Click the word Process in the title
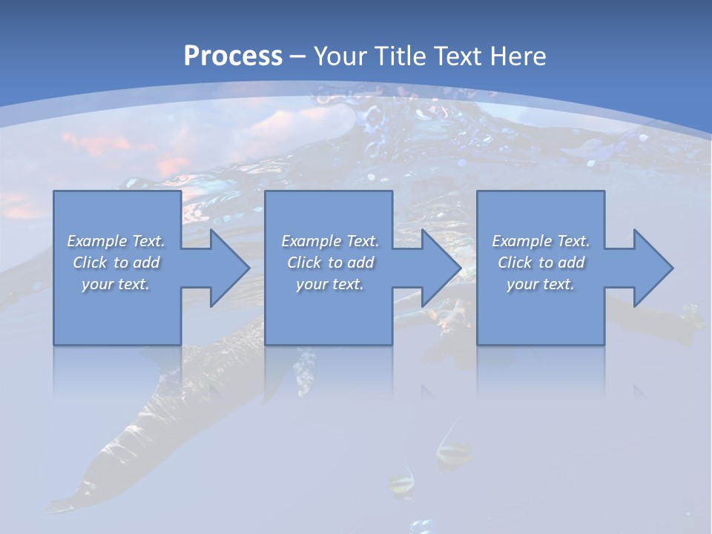point(233,56)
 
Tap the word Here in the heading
point(518,56)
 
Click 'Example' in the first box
point(96,241)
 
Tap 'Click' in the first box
point(90,263)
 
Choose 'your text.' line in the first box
point(116,284)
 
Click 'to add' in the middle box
point(351,263)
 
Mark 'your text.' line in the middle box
point(330,284)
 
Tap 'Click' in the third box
point(515,263)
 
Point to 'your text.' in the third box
point(541,284)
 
